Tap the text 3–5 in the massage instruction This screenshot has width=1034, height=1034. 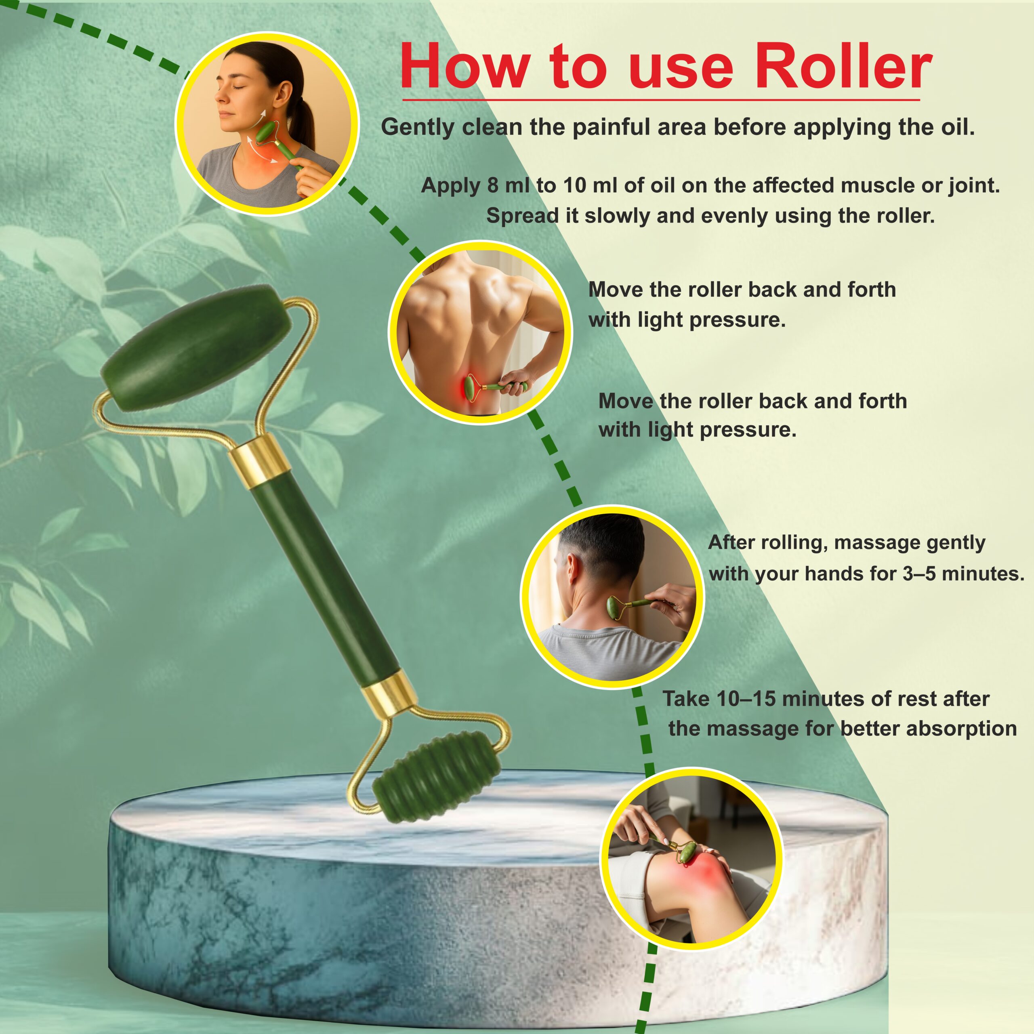[x=919, y=574]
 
